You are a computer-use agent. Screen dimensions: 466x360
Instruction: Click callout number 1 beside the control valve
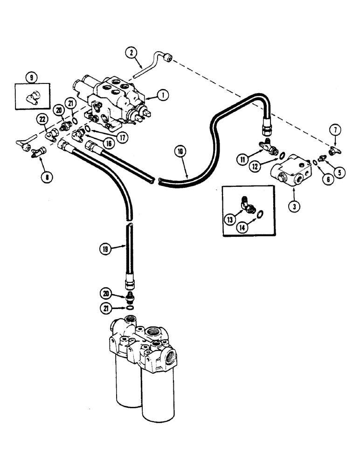[162, 95]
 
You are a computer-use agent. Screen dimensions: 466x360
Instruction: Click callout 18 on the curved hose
[181, 151]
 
